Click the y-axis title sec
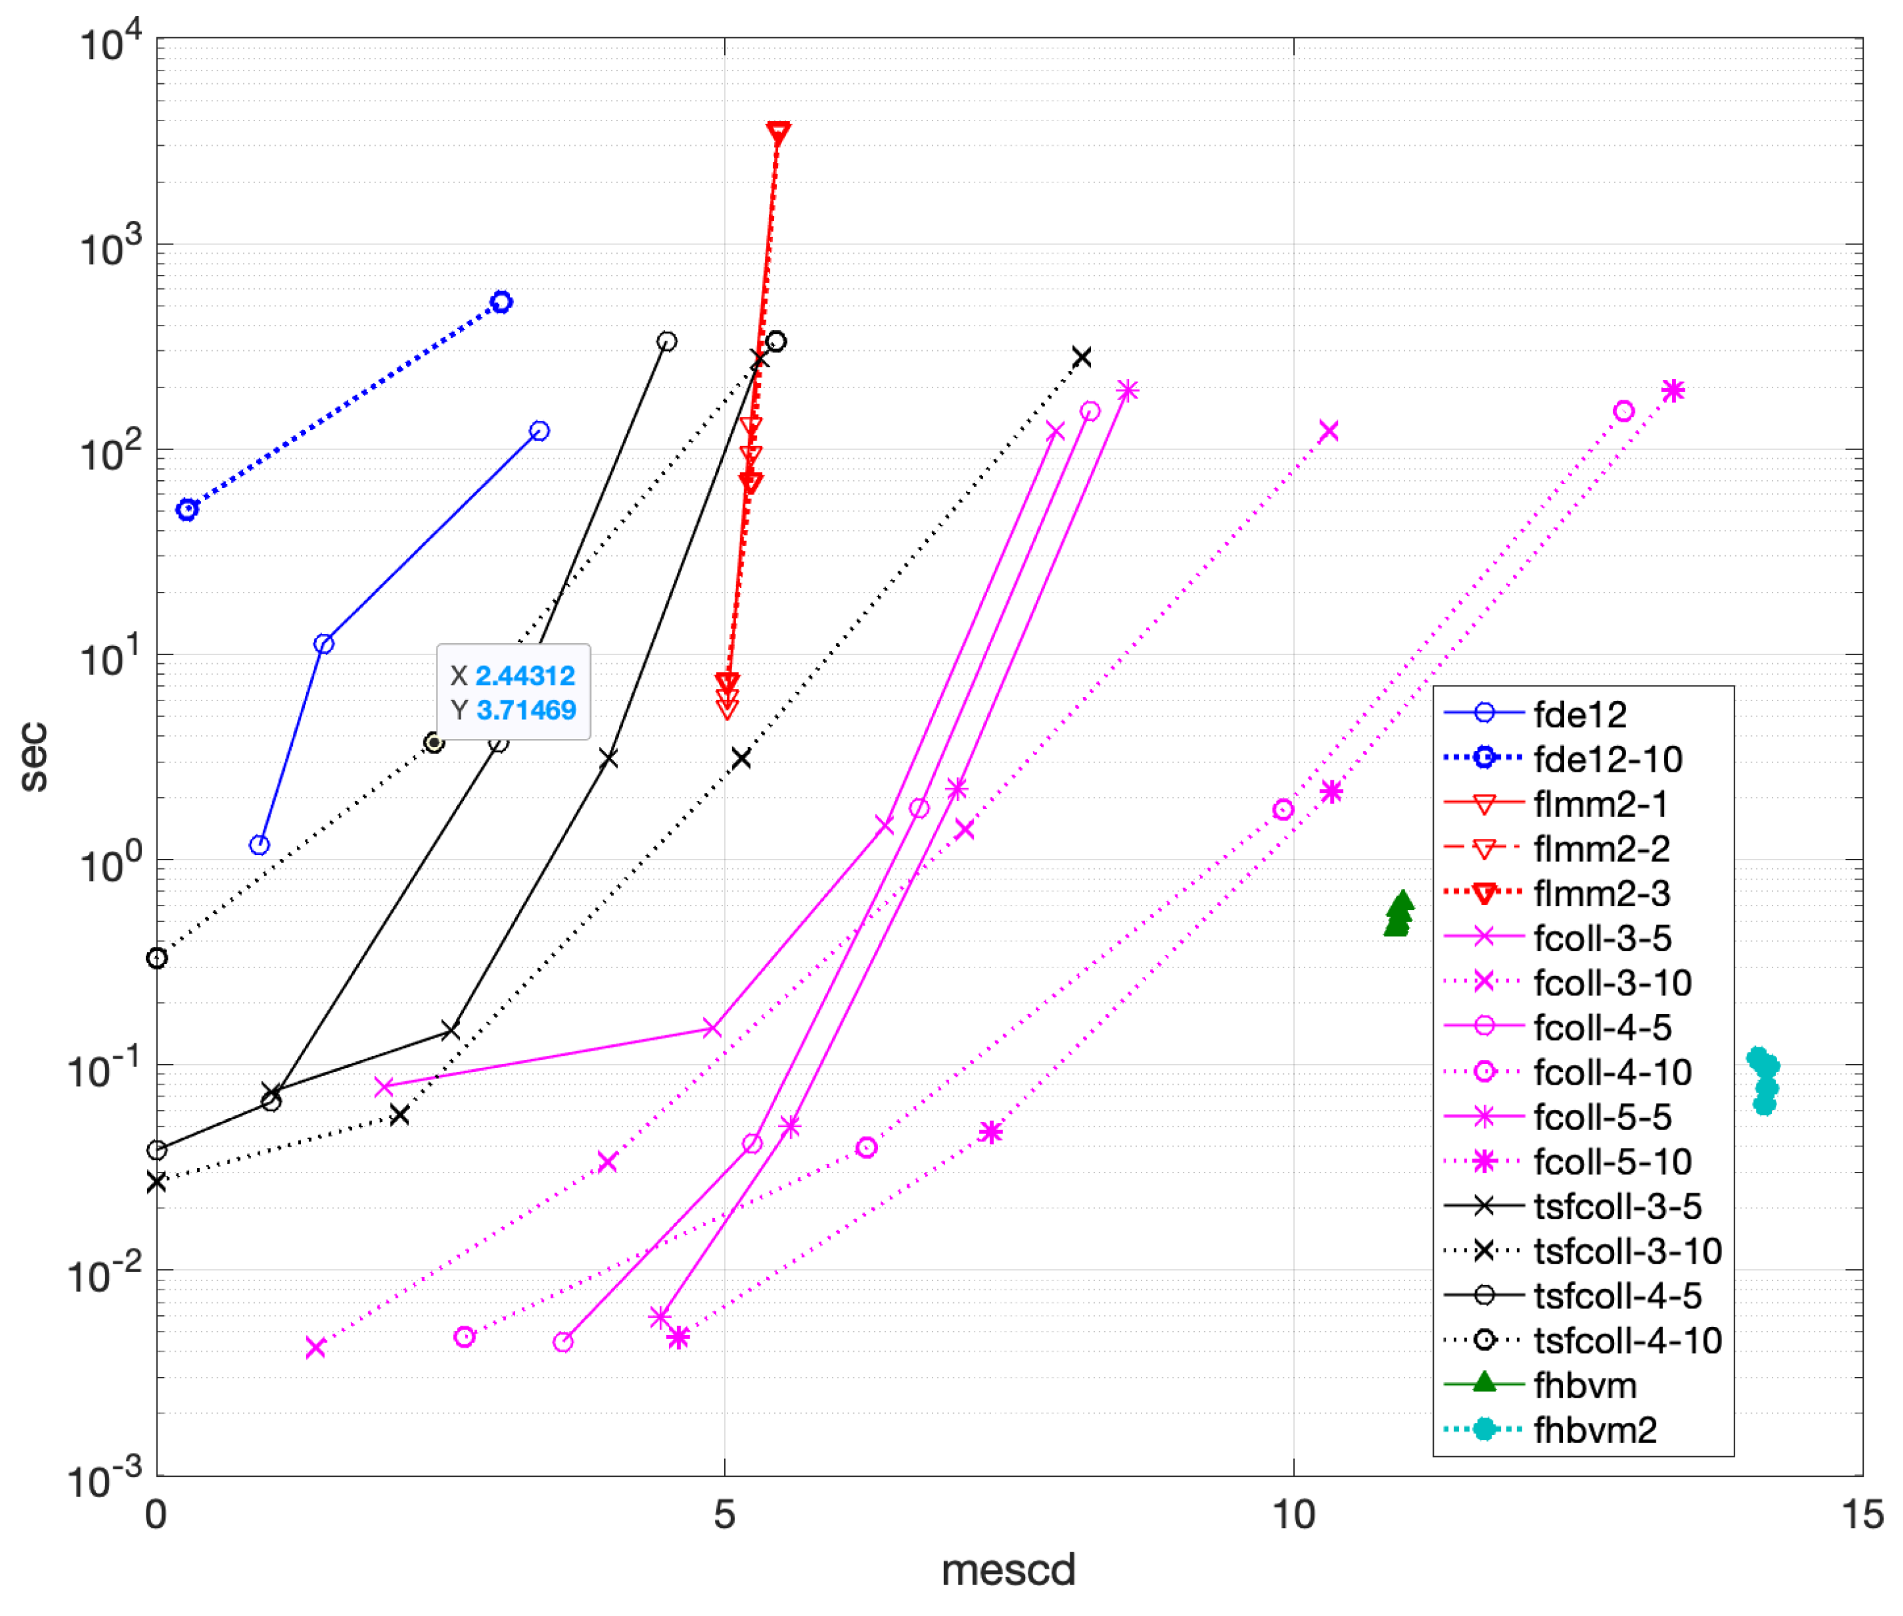(x=34, y=756)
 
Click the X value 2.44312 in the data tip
(x=525, y=676)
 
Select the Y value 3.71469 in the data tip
(x=526, y=710)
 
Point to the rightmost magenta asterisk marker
(x=1672, y=391)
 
